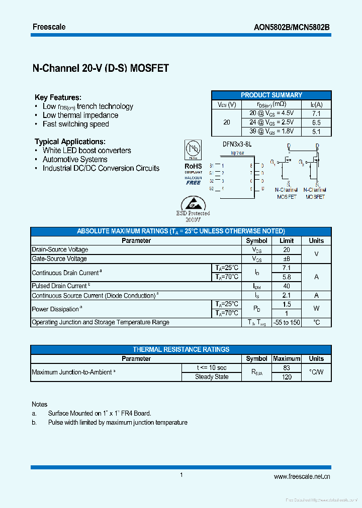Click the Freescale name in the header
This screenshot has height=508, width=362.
coord(49,27)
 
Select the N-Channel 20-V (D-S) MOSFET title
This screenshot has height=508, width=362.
coord(101,68)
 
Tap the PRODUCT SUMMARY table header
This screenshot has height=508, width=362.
coord(271,95)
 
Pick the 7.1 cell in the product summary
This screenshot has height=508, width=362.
coord(316,114)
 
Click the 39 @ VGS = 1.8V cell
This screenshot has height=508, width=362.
coord(271,132)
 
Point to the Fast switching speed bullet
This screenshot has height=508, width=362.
coord(75,124)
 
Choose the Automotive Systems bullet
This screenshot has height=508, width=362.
coord(75,159)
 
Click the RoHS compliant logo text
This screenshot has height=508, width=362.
coord(193,166)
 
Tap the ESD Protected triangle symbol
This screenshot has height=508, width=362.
coord(193,203)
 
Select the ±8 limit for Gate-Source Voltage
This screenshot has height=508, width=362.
coord(287,259)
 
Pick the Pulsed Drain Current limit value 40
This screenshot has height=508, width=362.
coord(287,286)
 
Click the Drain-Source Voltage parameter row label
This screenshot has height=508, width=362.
coord(60,249)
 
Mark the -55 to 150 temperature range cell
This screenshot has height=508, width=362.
coord(287,322)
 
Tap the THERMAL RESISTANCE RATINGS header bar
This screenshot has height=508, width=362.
coord(181,349)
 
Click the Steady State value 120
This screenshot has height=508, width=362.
coord(287,377)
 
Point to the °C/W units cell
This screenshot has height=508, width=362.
coord(316,372)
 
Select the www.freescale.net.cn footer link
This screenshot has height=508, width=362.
coord(302,477)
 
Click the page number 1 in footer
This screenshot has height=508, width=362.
coord(181,475)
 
